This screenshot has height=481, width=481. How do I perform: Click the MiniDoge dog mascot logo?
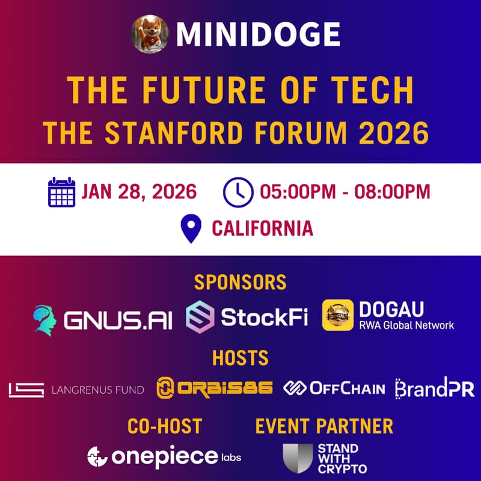(x=150, y=34)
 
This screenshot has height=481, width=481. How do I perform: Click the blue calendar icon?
(x=61, y=192)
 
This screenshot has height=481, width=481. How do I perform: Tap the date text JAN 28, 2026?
(x=139, y=192)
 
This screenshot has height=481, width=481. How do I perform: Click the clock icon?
(x=237, y=192)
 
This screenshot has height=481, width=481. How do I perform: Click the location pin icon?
(x=191, y=229)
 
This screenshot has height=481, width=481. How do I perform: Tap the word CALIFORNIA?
(x=262, y=229)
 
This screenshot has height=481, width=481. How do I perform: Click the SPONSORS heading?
(x=240, y=282)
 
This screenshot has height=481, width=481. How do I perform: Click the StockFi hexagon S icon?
(x=200, y=317)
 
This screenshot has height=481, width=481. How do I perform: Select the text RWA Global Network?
(x=406, y=325)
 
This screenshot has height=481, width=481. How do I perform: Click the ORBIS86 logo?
(x=214, y=388)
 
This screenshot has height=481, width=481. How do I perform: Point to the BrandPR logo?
(x=434, y=388)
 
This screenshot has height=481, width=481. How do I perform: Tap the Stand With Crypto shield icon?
(x=298, y=458)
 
